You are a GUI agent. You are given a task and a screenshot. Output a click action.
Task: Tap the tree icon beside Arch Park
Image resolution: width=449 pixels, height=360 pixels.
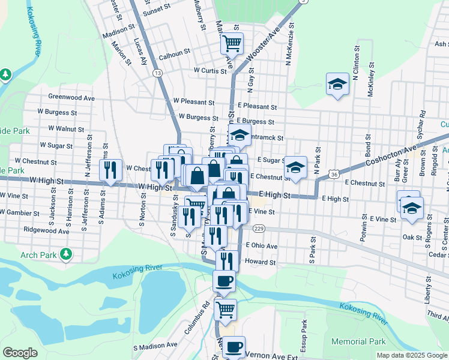tap(66, 255)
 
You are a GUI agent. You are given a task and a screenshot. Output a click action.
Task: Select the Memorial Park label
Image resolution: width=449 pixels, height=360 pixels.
tap(358, 341)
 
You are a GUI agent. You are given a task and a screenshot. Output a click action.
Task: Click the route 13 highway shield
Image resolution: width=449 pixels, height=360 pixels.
tap(157, 73)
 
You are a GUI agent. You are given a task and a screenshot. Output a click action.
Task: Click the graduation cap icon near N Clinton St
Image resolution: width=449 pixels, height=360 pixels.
tap(337, 84)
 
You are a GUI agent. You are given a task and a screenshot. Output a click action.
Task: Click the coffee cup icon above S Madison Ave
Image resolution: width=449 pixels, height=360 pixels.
tap(234, 347)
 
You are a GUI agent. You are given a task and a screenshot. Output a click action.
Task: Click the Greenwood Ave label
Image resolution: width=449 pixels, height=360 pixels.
tap(71, 97)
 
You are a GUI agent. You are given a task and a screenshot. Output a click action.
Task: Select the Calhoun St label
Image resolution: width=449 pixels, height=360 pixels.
tap(174, 58)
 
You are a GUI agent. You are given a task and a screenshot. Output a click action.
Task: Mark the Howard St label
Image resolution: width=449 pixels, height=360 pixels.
tap(260, 262)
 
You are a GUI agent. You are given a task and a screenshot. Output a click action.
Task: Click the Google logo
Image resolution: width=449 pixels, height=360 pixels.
tap(20, 353)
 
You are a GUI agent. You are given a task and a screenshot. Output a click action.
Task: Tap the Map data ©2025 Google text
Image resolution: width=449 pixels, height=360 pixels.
tap(412, 355)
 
